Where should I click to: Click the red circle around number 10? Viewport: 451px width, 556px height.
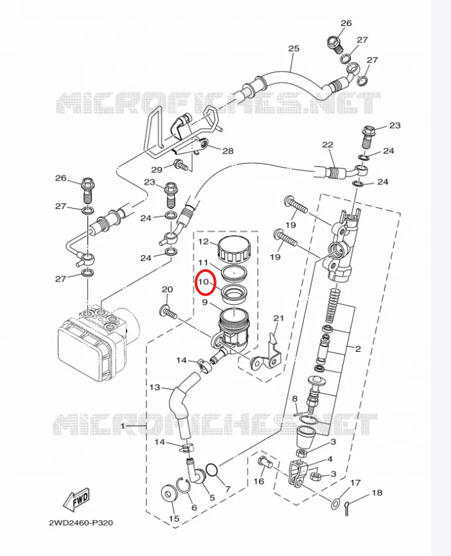click(x=197, y=282)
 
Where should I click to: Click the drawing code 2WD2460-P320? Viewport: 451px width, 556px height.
click(x=81, y=523)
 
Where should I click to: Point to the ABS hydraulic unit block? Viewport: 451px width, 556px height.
click(x=95, y=341)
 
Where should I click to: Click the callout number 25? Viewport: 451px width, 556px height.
click(x=293, y=48)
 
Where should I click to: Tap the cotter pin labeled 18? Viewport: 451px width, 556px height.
click(x=348, y=508)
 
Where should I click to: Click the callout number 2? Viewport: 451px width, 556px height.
click(x=358, y=349)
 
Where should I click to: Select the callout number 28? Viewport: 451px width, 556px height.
click(x=228, y=151)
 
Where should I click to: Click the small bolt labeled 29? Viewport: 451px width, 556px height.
click(x=181, y=165)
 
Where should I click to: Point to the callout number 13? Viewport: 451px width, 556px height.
click(x=155, y=387)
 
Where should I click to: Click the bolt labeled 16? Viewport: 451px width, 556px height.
click(x=265, y=463)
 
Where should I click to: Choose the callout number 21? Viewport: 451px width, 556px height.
click(x=279, y=318)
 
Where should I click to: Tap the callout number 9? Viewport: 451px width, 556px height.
click(x=205, y=302)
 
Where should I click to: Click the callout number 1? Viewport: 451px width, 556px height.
click(x=123, y=426)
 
